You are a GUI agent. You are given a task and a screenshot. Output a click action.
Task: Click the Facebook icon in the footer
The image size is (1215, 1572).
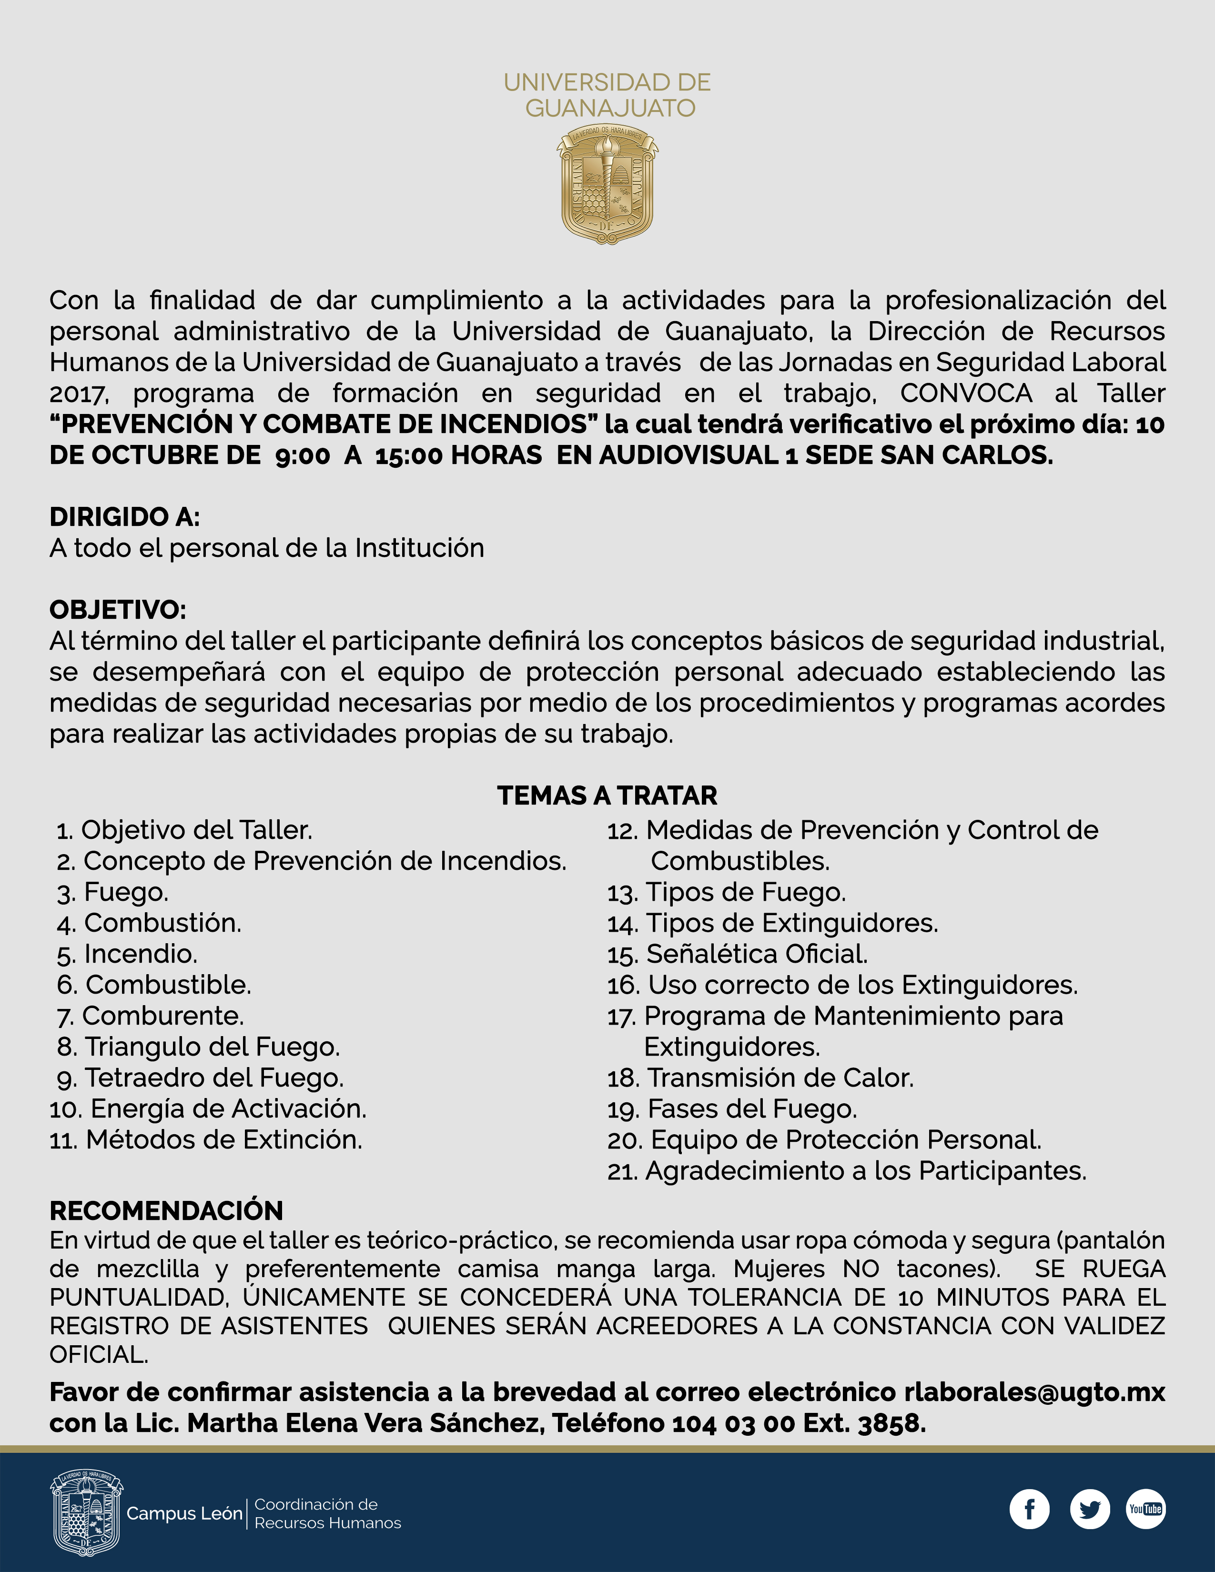point(1029,1509)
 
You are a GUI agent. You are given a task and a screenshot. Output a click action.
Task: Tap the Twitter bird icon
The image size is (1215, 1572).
point(1090,1509)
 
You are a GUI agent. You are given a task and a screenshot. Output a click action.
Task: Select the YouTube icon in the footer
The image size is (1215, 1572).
point(1145,1509)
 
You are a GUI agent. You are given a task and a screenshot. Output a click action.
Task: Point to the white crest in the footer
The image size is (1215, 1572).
point(86,1513)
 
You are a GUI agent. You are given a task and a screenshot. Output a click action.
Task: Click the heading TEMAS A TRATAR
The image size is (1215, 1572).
point(607,796)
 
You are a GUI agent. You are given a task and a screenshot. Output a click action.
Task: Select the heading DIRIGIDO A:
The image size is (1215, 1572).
point(124,517)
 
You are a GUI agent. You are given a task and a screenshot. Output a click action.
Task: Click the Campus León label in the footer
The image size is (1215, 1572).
point(184,1514)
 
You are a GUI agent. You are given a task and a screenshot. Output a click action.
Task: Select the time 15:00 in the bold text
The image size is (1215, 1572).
point(408,455)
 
